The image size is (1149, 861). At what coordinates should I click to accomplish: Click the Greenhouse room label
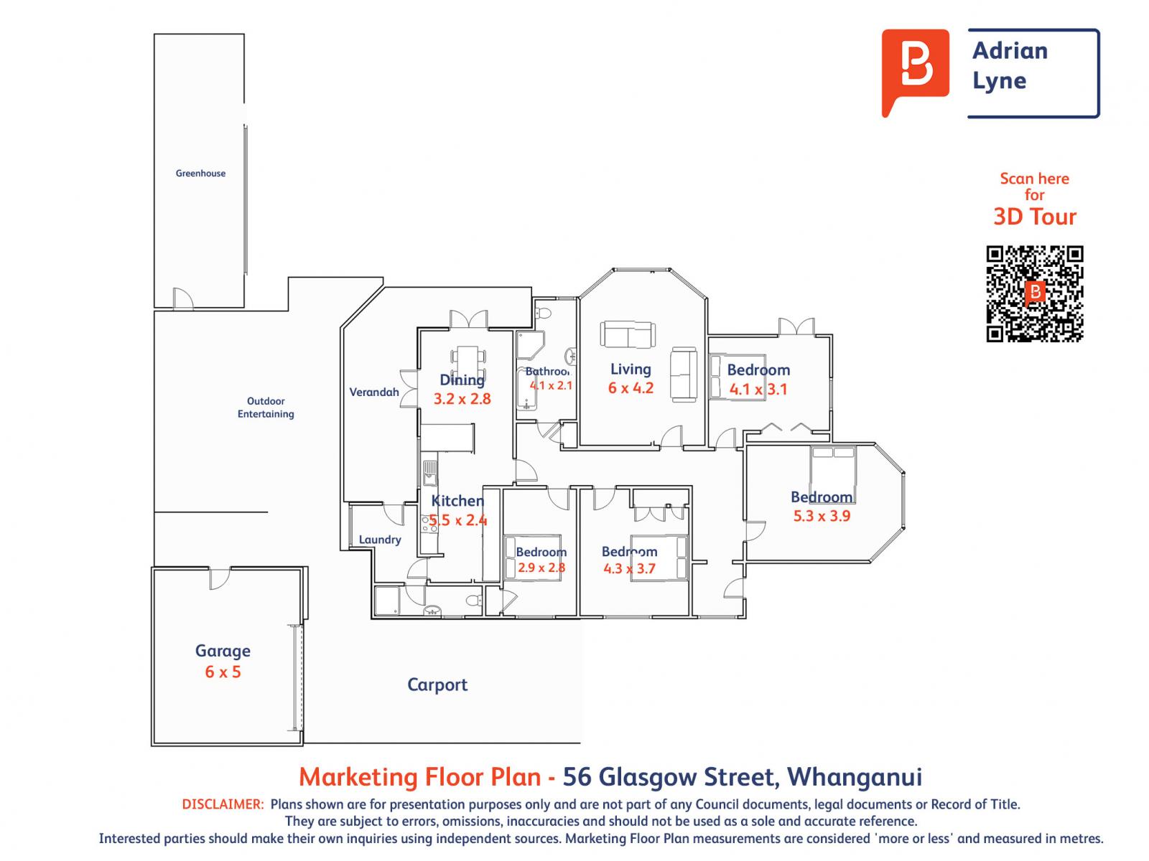[x=200, y=173]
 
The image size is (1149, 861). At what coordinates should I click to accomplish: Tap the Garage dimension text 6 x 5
[x=223, y=672]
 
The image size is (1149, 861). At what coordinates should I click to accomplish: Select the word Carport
[x=437, y=684]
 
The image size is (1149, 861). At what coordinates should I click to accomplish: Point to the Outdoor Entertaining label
[x=266, y=408]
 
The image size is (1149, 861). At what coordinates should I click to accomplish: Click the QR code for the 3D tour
[x=1034, y=293]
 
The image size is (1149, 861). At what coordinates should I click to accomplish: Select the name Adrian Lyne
[x=1010, y=65]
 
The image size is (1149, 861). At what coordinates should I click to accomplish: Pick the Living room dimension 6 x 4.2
[x=631, y=388]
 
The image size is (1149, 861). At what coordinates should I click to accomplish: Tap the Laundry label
[x=380, y=540]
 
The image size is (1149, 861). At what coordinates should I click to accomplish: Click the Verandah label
[x=374, y=392]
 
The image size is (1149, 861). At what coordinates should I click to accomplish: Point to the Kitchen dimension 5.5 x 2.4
[x=458, y=520]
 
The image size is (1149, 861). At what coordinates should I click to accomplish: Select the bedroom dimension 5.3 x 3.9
[x=822, y=516]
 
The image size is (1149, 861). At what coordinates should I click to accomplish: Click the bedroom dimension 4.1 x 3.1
[x=758, y=390]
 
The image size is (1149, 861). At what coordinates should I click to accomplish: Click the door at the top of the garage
[x=219, y=578]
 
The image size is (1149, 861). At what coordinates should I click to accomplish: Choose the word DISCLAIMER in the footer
[x=223, y=804]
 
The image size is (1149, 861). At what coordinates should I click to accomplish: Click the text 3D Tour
[x=1034, y=217]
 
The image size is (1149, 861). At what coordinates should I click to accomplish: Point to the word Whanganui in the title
[x=855, y=776]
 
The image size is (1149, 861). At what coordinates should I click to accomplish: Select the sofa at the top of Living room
[x=628, y=334]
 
